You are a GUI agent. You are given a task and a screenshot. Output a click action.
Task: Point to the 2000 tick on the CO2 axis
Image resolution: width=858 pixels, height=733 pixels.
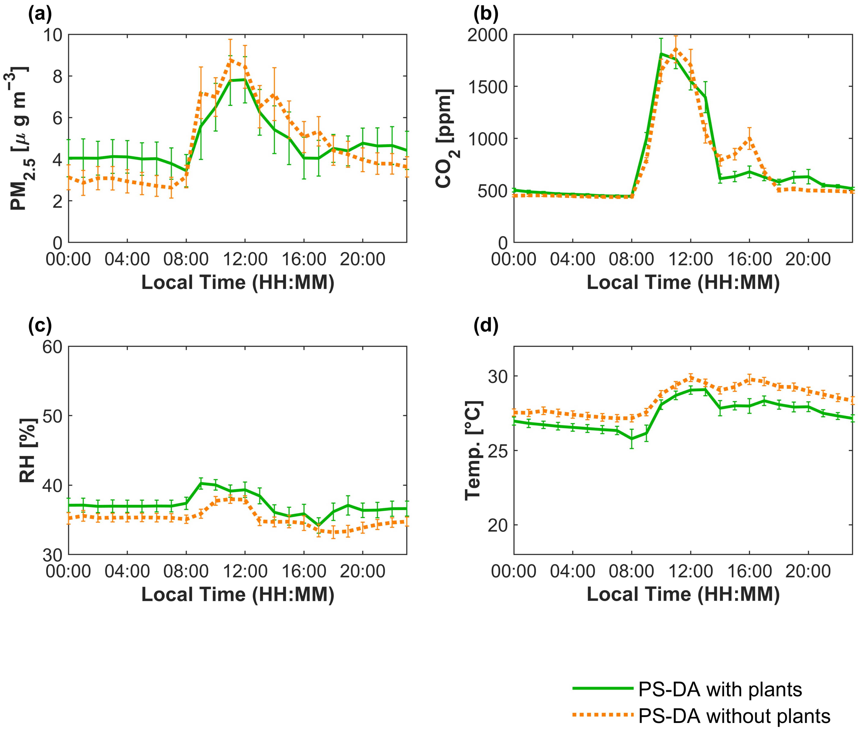click(487, 35)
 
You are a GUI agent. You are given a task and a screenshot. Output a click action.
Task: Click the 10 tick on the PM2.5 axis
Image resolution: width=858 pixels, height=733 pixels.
click(53, 35)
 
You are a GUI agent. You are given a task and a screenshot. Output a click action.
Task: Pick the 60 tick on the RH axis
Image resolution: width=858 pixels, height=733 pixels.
click(53, 347)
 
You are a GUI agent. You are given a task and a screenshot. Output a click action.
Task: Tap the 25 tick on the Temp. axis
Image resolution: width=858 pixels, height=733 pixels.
click(497, 451)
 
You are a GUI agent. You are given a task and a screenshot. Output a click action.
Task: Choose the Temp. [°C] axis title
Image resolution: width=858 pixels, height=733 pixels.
click(473, 450)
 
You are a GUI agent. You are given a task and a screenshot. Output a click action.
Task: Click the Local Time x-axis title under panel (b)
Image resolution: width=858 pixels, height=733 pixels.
click(683, 283)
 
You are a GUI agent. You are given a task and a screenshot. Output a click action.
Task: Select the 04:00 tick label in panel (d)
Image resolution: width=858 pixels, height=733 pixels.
click(573, 571)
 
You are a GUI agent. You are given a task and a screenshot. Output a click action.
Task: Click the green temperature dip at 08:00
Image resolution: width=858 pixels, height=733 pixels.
click(632, 439)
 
